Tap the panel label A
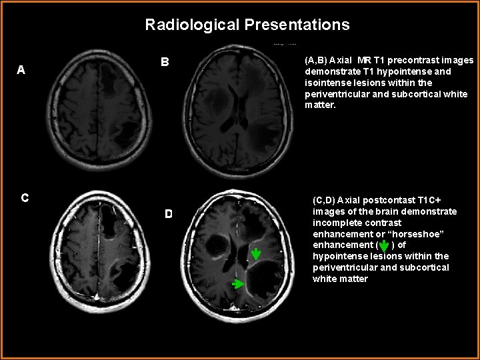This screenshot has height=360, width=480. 21,69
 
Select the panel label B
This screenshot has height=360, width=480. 165,62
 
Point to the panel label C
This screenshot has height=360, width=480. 24,197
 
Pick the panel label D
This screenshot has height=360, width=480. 169,213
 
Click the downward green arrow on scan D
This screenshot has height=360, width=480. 256,253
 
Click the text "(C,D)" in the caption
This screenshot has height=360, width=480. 324,200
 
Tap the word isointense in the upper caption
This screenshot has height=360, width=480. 327,83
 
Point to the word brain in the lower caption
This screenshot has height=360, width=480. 383,211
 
